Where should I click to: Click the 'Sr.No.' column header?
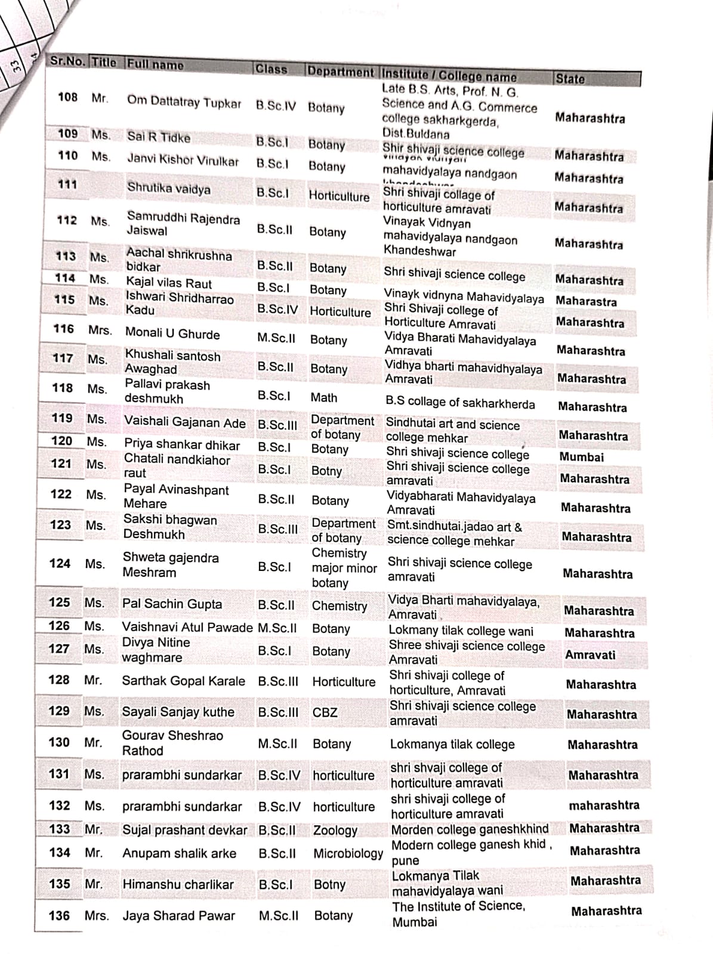tap(67, 61)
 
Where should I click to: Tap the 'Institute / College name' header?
tap(449, 76)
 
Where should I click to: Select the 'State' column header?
tap(570, 79)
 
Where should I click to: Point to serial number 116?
tap(63, 329)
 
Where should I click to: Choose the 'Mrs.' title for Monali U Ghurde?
tap(100, 330)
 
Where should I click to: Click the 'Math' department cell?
tap(324, 397)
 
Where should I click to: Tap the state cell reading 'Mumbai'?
tap(581, 457)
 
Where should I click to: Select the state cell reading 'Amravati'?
tap(589, 654)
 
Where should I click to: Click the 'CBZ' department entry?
tap(325, 712)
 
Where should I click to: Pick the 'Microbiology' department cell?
tap(348, 854)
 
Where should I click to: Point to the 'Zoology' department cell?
tap(335, 830)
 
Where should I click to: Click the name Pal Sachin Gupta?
tap(172, 604)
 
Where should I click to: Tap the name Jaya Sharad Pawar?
tap(178, 915)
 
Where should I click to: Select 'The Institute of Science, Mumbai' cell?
tap(458, 913)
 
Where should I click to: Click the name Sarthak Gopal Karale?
tap(183, 681)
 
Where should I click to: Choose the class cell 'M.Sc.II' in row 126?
tap(277, 628)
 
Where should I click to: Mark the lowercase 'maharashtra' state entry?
tap(604, 805)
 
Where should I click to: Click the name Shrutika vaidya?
tap(168, 189)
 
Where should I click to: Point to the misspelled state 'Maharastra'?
tap(586, 301)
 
